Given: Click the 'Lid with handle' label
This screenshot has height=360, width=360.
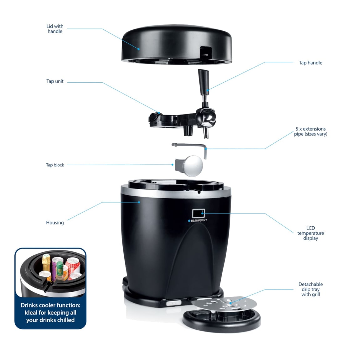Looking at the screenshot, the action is (55, 29).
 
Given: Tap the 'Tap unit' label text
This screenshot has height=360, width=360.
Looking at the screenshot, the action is (55, 81).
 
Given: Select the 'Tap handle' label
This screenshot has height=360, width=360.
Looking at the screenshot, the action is (311, 63).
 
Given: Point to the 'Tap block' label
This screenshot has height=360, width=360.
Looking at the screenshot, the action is (55, 165).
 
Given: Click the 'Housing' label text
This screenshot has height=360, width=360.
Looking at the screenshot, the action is (55, 223).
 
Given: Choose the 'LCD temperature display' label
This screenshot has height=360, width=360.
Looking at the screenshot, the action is (311, 233).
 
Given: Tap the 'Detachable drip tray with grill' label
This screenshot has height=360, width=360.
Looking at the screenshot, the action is (311, 289).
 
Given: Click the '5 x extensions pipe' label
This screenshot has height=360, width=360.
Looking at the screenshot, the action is (311, 131).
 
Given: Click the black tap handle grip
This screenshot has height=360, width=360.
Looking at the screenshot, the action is (203, 82).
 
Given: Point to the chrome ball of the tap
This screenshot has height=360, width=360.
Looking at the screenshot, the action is (208, 118).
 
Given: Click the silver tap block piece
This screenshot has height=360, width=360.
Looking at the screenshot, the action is (189, 166).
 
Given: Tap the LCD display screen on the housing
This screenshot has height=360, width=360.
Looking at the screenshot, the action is (198, 213).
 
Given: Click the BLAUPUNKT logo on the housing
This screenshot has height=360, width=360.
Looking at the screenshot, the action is (198, 220).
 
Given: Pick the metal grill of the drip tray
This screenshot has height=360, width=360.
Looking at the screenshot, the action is (224, 303).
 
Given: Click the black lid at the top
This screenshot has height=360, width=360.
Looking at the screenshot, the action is (177, 44).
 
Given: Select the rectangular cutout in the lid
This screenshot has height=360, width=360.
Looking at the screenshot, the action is (206, 52).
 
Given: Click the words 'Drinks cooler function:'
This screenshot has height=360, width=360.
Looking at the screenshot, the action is (50, 305).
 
